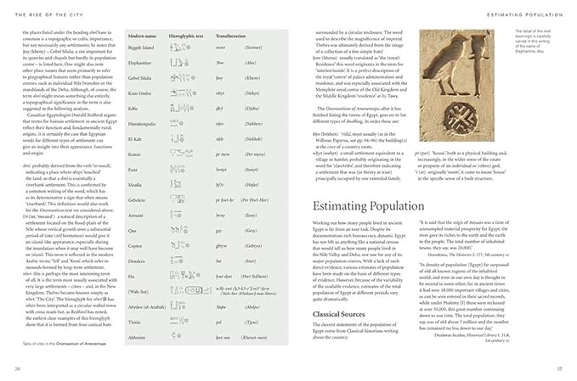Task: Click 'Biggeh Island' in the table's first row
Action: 142,48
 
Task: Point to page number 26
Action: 19,368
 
